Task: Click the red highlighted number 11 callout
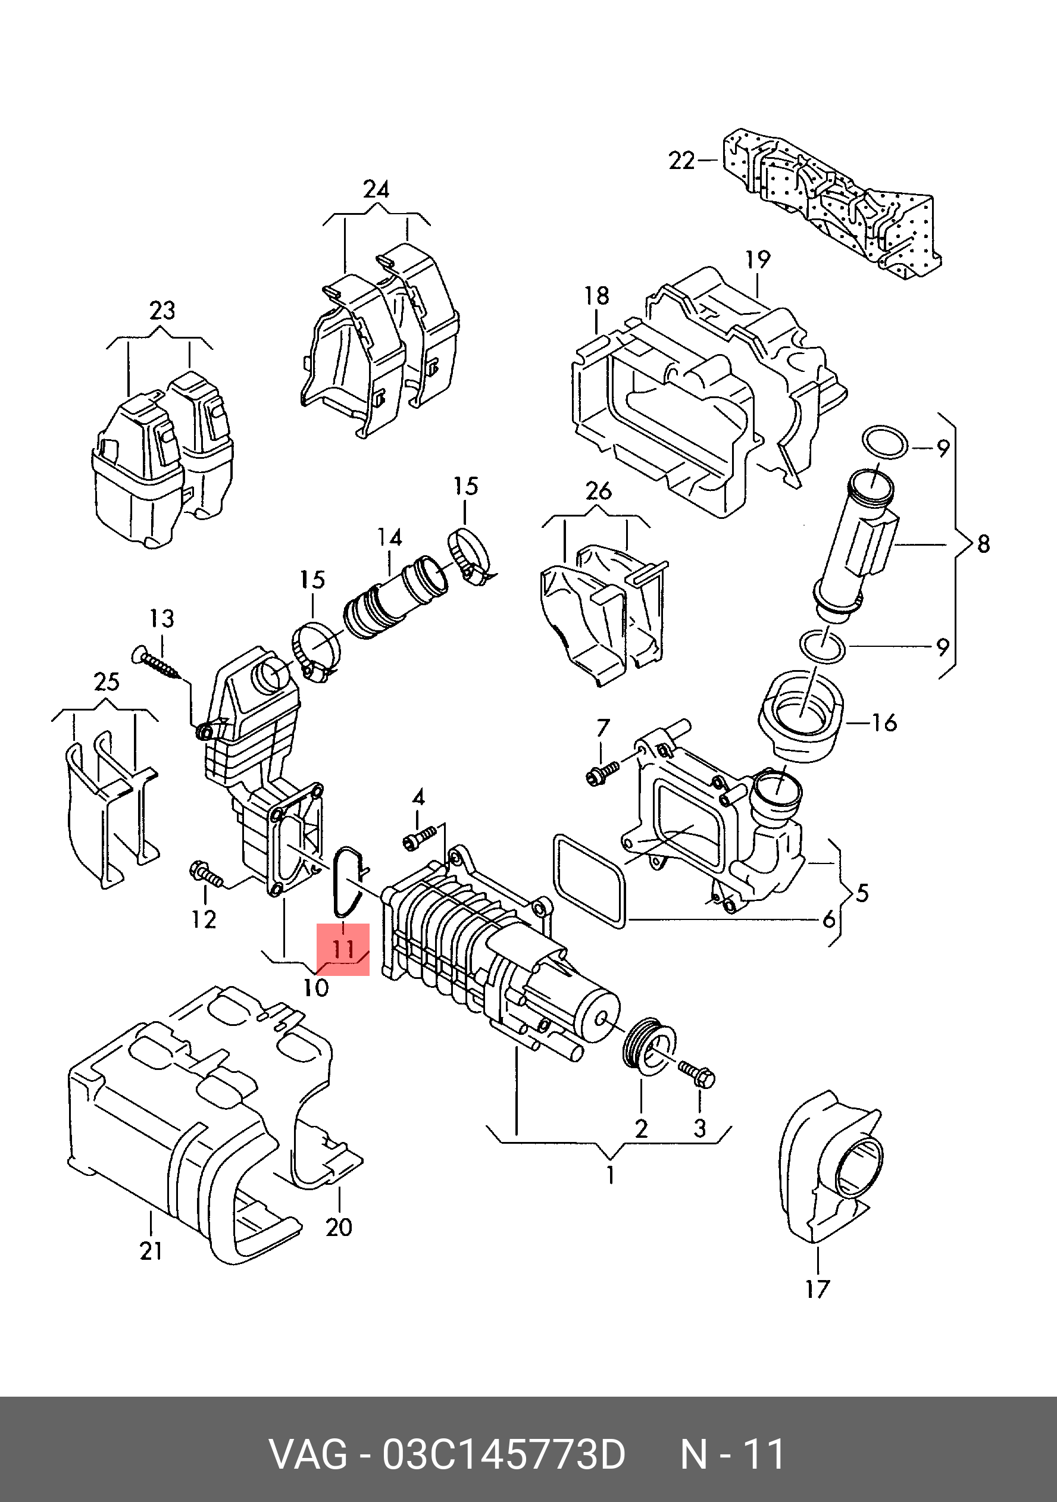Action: [343, 949]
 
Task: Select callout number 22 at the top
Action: [681, 160]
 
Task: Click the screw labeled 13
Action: [160, 665]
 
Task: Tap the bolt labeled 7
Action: [602, 772]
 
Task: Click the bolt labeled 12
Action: [207, 874]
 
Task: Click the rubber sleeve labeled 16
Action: [800, 714]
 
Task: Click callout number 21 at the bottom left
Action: [151, 1251]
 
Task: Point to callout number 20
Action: [339, 1226]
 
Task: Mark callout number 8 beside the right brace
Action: [983, 544]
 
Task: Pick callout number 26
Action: [599, 490]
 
